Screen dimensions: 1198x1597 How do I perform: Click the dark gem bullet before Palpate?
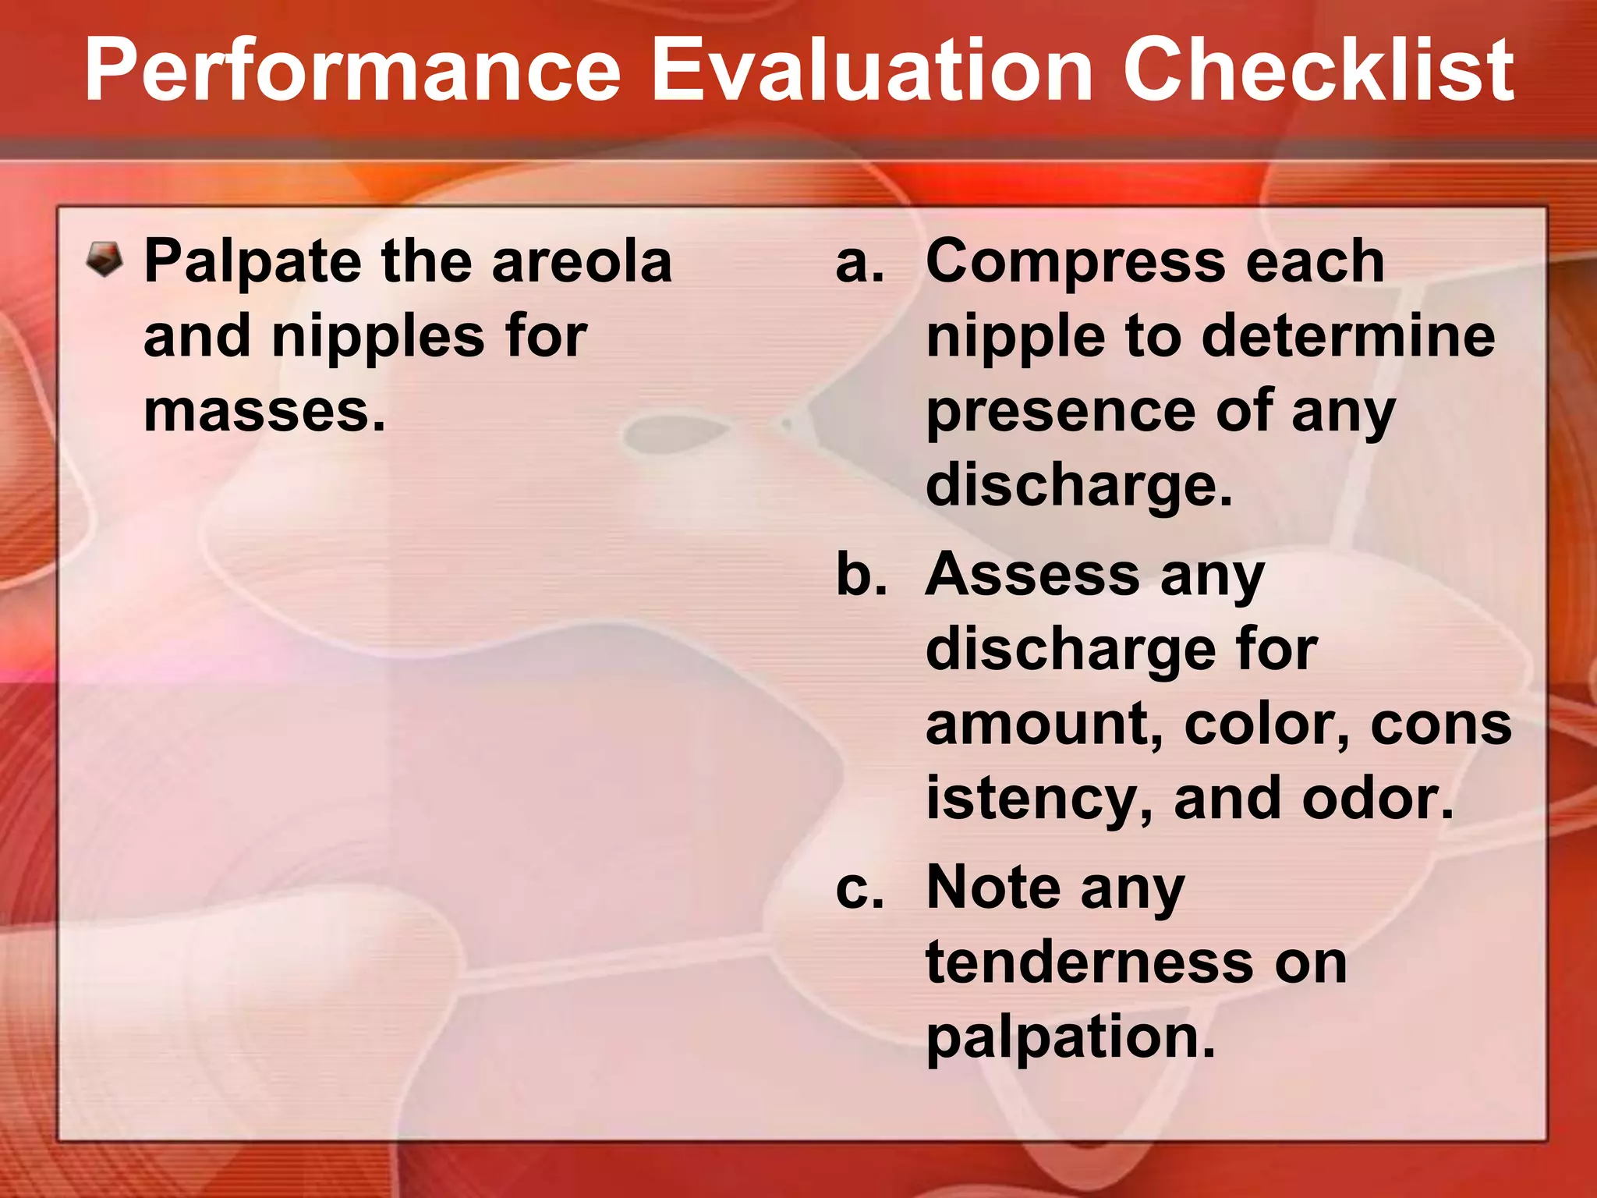(104, 259)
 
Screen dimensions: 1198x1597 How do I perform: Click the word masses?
(264, 411)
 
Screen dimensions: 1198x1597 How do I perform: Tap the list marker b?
(861, 576)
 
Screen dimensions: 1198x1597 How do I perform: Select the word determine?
(1347, 336)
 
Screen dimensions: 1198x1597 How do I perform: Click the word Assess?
(1032, 576)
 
